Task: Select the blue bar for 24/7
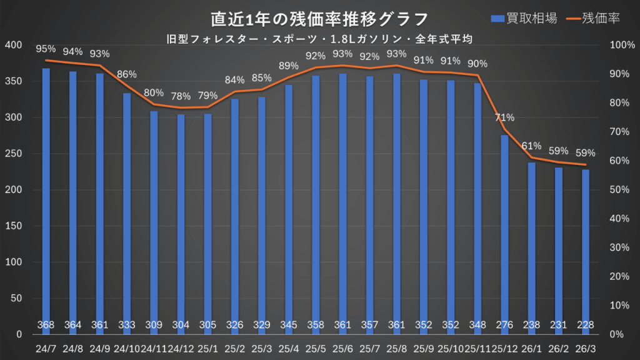[46, 200]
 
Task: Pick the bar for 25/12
[504, 231]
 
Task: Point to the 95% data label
[46, 48]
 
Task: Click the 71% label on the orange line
[504, 117]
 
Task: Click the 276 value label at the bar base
[504, 325]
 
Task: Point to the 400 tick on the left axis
[13, 46]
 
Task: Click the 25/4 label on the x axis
[289, 347]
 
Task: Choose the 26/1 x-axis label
[531, 347]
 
